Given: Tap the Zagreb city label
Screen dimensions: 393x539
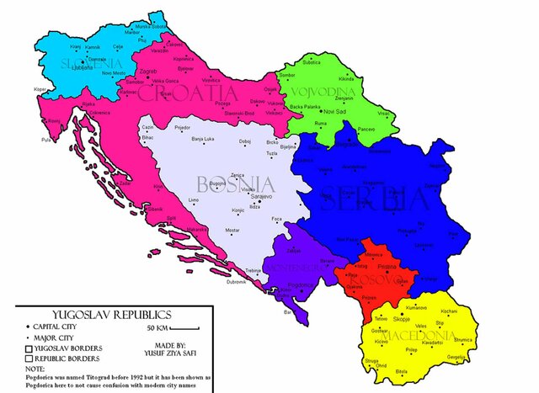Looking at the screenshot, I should (x=148, y=72).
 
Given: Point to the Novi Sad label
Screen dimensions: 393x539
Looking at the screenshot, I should (x=335, y=110).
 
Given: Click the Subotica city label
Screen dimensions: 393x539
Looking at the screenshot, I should (x=312, y=63).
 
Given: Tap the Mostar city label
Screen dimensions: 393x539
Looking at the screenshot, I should (x=232, y=230).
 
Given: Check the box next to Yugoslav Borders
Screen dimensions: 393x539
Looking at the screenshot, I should (x=29, y=348).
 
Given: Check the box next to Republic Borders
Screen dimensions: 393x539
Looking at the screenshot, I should (x=29, y=358).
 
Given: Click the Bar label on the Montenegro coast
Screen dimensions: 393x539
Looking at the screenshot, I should (x=287, y=311).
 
